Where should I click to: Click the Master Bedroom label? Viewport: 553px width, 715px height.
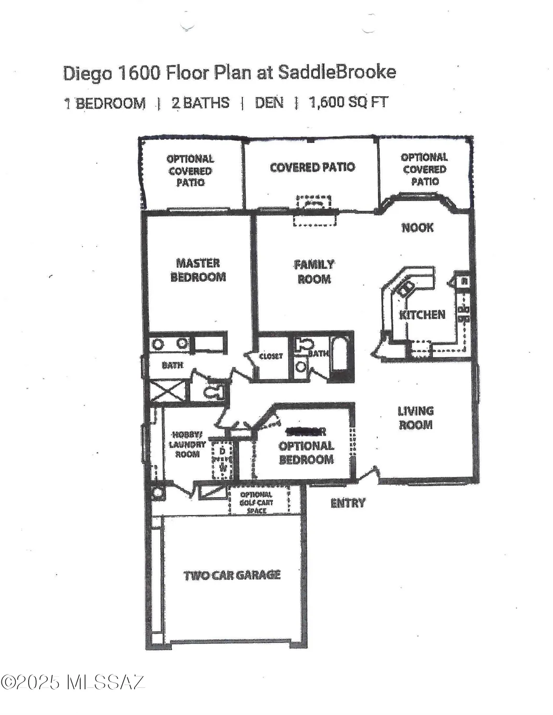coord(198,270)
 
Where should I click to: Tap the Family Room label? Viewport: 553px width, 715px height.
coord(313,272)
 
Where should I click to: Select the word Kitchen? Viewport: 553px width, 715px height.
coord(422,315)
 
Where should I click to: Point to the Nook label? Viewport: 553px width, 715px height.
coord(417,227)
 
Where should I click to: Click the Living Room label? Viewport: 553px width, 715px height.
coord(416,418)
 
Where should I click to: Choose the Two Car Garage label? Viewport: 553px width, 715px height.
coord(232,575)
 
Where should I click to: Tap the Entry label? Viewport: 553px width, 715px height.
coord(347,503)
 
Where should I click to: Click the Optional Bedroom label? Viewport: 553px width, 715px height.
coord(306,452)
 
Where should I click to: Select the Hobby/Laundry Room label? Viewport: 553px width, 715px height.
coord(187,444)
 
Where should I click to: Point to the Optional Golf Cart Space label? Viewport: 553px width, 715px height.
coord(257,502)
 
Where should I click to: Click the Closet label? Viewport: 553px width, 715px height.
coord(271,356)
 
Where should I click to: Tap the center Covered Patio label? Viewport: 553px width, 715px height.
coord(312,167)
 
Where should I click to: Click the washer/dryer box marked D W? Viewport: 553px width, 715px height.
coord(222,460)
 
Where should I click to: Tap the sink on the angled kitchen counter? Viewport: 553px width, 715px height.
coord(407,287)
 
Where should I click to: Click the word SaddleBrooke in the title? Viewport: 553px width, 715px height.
coord(337,72)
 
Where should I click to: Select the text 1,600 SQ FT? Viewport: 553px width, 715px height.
coord(348,102)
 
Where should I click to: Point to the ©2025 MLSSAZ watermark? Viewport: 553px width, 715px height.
coord(73,682)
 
